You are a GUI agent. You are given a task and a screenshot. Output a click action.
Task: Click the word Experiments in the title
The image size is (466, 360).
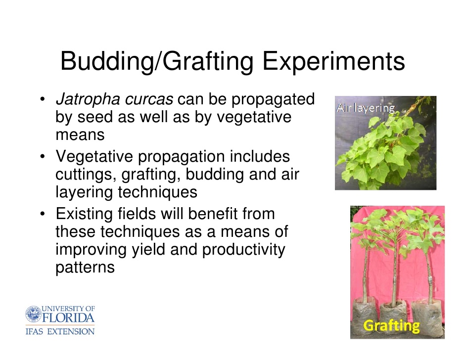pos(333,62)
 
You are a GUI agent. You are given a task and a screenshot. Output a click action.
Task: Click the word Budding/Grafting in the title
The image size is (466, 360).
pos(157,62)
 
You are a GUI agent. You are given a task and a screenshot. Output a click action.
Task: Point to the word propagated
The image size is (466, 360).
pos(273,100)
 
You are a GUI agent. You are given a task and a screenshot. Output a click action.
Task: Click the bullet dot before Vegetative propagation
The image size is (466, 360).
pos(43,156)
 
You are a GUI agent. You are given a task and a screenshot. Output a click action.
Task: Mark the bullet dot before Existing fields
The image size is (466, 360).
pos(43,213)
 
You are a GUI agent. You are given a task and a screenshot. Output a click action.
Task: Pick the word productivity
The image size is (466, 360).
pos(243,250)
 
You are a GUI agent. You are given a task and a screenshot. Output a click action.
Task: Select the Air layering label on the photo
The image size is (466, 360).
pos(366,108)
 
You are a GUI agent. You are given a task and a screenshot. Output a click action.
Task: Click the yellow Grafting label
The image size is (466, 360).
pos(391,326)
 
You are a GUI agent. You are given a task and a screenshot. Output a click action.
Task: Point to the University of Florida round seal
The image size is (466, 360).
pos(33,314)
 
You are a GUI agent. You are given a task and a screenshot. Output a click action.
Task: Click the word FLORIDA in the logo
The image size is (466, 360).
pos(68,317)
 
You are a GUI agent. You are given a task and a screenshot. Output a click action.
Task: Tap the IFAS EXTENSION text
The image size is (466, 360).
pos(60,331)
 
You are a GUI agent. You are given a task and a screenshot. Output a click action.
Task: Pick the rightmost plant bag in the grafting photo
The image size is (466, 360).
pos(426,315)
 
